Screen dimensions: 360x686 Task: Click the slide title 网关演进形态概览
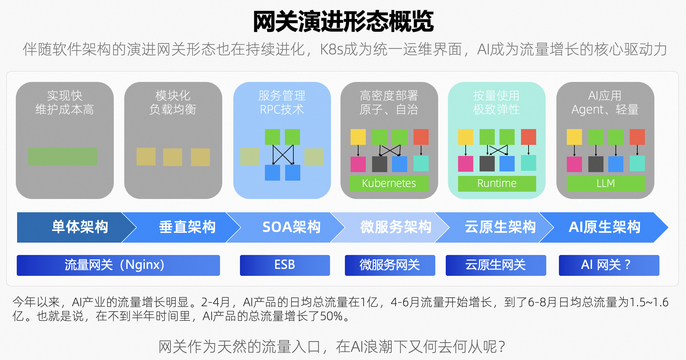[343, 22]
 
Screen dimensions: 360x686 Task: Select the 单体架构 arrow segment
[80, 227]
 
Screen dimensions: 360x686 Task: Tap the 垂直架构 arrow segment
[187, 227]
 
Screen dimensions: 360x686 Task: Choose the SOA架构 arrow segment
[291, 227]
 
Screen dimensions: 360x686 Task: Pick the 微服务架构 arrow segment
[396, 227]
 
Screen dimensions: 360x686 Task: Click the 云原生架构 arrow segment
[500, 227]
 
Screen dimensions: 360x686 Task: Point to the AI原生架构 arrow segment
[604, 227]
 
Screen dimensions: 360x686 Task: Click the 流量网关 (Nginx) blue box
[118, 265]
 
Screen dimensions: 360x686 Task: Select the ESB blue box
[285, 265]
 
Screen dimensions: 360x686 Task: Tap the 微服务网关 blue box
[390, 265]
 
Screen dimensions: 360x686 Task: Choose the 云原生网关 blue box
[496, 265]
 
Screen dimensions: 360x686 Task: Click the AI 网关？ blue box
[609, 265]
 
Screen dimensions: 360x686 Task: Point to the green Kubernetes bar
[389, 183]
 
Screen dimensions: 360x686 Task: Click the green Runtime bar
[497, 183]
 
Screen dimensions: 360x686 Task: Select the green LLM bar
[606, 183]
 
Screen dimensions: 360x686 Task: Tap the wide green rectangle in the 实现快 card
[63, 157]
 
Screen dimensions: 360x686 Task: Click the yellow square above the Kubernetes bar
[358, 137]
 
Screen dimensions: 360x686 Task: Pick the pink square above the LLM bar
[574, 164]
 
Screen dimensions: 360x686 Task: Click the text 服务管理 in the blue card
[282, 96]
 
